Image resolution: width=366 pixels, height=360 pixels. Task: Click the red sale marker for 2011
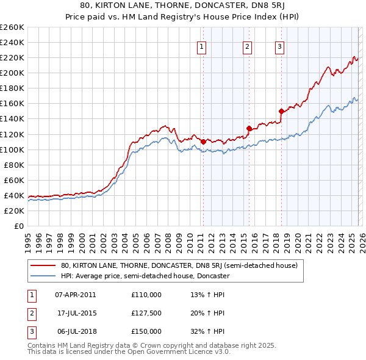coord(203,142)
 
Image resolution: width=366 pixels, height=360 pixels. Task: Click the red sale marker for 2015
coord(249,128)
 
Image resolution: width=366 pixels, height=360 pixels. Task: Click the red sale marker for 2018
coord(281,111)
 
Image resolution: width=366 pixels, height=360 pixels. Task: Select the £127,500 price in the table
coord(146,313)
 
